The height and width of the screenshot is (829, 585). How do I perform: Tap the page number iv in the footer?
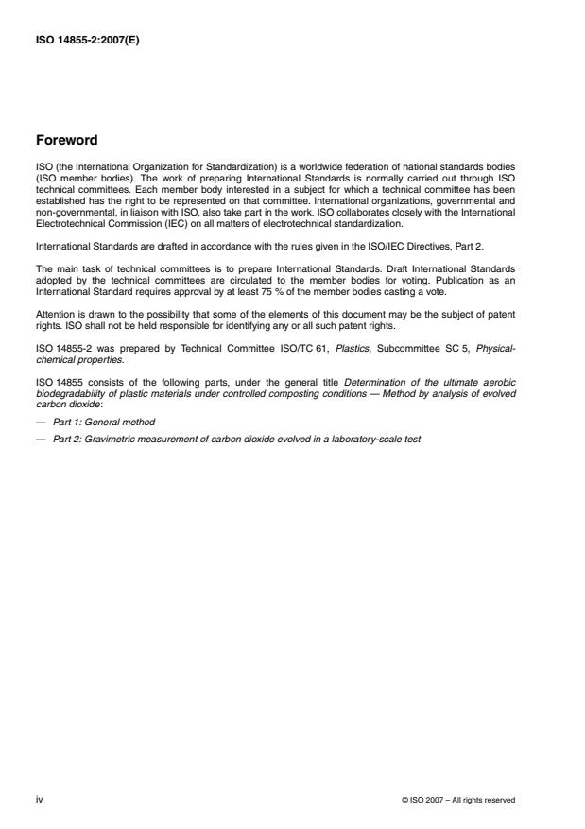pos(39,799)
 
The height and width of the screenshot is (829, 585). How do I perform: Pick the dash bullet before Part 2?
pos(40,439)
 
